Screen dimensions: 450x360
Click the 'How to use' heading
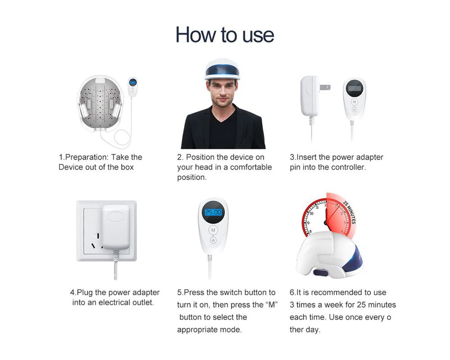click(225, 35)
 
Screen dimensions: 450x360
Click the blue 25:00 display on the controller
click(213, 212)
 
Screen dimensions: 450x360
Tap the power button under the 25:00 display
click(213, 240)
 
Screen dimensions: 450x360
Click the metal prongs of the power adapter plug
click(325, 87)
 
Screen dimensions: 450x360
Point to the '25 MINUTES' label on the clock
click(350, 212)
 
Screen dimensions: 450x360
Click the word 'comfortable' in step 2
click(251, 167)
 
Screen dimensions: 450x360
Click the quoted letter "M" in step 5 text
click(271, 305)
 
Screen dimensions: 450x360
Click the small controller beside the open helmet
click(132, 87)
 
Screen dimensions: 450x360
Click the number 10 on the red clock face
click(312, 213)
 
